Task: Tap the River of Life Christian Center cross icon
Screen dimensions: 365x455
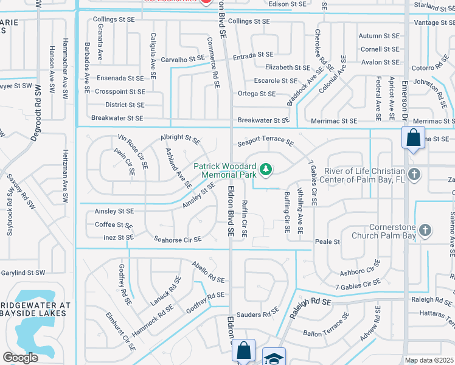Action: pos(414,175)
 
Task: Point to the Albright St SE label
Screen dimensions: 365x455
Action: pos(180,139)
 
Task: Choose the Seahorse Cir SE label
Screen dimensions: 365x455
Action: pos(178,240)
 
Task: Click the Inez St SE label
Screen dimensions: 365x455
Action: pos(118,237)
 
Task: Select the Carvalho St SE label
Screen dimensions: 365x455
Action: pos(182,60)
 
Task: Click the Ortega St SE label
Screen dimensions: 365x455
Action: pos(256,94)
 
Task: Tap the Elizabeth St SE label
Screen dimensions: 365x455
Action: pos(288,68)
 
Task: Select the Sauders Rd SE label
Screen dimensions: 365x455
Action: pos(257,314)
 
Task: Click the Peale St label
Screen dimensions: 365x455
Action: pos(327,242)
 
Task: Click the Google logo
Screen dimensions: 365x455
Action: pos(20,357)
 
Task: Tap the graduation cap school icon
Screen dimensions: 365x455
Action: pos(273,357)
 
